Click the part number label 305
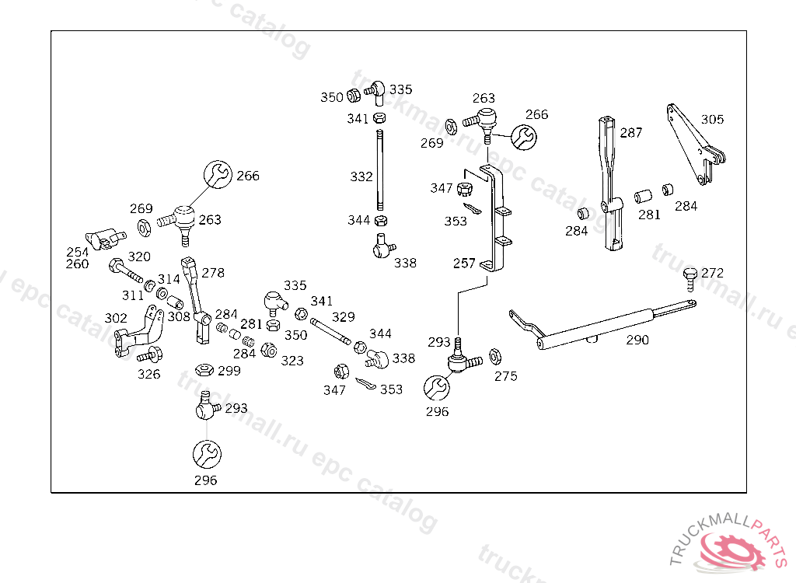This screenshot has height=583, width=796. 712,120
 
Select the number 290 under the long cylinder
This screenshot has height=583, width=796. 637,340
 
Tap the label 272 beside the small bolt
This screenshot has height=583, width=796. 712,273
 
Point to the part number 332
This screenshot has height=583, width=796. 361,177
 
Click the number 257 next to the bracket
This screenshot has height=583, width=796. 464,264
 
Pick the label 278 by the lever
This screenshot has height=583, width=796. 213,273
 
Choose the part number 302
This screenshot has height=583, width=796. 116,318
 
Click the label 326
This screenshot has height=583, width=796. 149,374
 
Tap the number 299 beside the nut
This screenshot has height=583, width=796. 229,371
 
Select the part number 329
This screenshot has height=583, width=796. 344,316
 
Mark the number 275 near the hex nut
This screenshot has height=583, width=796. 505,376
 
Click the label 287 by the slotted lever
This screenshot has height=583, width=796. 631,133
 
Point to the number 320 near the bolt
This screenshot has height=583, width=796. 139,257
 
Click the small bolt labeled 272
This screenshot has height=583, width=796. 689,277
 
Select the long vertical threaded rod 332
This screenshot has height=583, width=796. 380,171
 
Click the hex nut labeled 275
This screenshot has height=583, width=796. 494,358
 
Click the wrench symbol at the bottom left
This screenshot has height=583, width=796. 206,453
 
